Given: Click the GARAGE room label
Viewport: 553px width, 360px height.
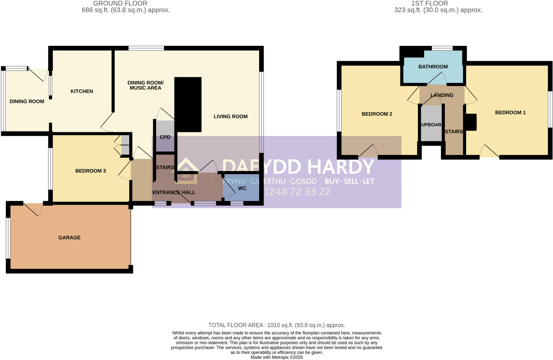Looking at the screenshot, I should click(69, 237).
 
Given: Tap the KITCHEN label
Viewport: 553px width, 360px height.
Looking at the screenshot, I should click(82, 91).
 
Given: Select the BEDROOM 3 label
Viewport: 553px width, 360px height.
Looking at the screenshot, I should click(90, 171).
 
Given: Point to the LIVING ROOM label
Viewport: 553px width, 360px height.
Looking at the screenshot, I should click(231, 117).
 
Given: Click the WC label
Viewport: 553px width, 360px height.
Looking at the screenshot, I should click(242, 188).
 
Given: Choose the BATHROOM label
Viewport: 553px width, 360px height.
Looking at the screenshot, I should click(433, 67).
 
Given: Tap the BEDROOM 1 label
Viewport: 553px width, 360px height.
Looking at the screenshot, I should click(510, 113).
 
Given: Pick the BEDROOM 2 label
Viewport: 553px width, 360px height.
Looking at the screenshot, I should click(377, 114).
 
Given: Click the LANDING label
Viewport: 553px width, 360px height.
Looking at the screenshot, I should click(442, 95).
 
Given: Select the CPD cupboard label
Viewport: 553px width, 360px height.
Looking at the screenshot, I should click(165, 137).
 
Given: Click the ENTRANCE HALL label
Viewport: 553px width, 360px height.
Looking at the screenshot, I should click(174, 192).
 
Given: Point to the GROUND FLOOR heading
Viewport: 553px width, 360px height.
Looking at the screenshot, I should click(120, 4).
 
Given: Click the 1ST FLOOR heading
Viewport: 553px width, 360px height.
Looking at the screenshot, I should click(429, 4).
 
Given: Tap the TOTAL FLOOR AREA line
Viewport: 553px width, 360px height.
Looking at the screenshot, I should click(276, 325).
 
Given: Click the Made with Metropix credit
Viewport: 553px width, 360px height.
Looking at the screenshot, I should click(276, 357).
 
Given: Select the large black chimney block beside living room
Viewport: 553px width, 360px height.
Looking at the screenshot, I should click(188, 104).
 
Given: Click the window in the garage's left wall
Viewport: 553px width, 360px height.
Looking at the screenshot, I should click(8, 238).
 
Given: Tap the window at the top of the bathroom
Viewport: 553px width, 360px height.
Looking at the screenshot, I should click(442, 48).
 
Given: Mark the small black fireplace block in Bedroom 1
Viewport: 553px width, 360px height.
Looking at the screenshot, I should click(471, 122).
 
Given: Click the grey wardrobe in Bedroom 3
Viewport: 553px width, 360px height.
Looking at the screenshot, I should click(125, 145).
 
